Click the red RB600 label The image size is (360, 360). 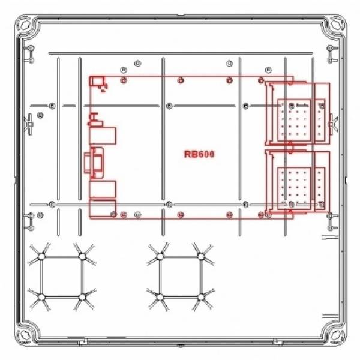(x=199, y=154)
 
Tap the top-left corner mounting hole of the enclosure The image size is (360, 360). (x=25, y=25)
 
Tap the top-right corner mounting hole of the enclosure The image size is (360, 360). (x=336, y=25)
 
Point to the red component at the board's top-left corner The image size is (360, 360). (x=97, y=81)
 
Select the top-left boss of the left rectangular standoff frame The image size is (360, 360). (x=41, y=256)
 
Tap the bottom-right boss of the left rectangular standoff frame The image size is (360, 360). (x=82, y=298)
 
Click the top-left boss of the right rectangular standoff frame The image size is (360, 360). (x=160, y=256)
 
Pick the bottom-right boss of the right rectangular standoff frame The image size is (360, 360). (x=201, y=298)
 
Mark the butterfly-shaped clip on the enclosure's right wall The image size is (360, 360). (x=333, y=124)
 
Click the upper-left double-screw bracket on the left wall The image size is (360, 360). (x=29, y=54)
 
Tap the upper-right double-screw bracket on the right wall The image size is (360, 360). (x=332, y=54)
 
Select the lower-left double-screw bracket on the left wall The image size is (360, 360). (x=29, y=222)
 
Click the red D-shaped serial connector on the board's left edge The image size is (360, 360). (x=94, y=163)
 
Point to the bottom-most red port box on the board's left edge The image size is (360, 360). (x=103, y=208)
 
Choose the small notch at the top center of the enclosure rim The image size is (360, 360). (x=181, y=16)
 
